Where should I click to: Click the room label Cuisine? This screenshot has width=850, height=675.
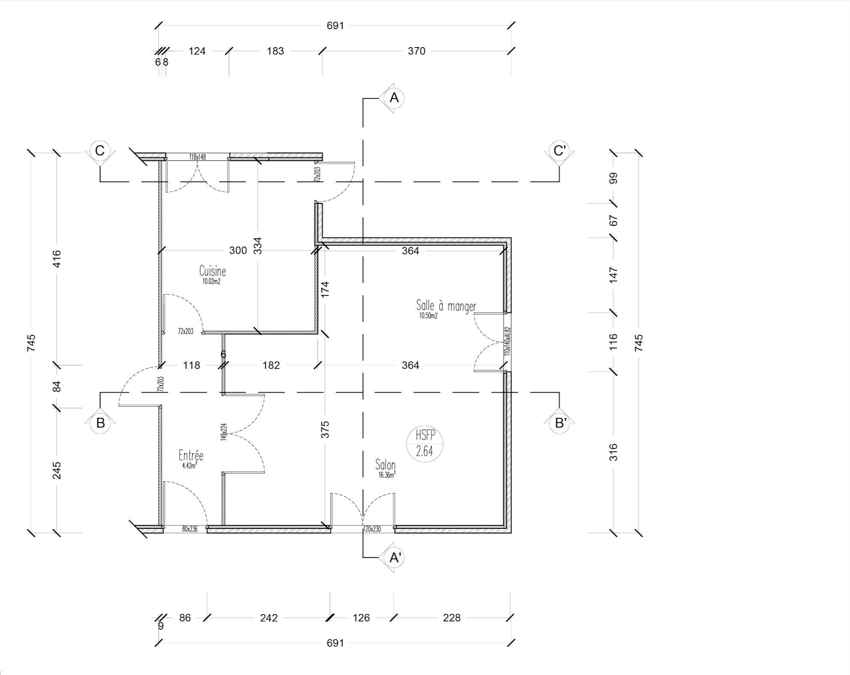pyautogui.click(x=212, y=271)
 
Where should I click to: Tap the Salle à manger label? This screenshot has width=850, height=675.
pyautogui.click(x=446, y=306)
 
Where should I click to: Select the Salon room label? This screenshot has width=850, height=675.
pyautogui.click(x=385, y=465)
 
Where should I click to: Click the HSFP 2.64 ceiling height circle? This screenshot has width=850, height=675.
pyautogui.click(x=425, y=444)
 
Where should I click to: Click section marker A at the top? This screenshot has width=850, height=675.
pyautogui.click(x=394, y=98)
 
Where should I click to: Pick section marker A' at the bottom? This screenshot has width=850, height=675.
pyautogui.click(x=394, y=558)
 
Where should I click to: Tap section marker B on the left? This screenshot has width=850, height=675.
pyautogui.click(x=100, y=423)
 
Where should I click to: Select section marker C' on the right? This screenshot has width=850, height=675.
pyautogui.click(x=560, y=151)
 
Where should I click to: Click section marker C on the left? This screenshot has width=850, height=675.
pyautogui.click(x=100, y=151)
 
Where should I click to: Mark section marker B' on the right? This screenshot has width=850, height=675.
pyautogui.click(x=560, y=423)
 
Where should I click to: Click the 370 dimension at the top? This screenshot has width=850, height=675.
pyautogui.click(x=417, y=51)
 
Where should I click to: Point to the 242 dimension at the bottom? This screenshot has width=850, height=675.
pyautogui.click(x=269, y=618)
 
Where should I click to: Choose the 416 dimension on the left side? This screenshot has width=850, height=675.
pyautogui.click(x=57, y=259)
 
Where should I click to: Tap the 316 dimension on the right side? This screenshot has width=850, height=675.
pyautogui.click(x=614, y=452)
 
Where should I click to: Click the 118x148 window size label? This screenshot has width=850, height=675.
pyautogui.click(x=198, y=157)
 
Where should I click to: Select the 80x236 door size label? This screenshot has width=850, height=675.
pyautogui.click(x=190, y=529)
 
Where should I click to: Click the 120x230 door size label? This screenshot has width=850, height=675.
pyautogui.click(x=372, y=529)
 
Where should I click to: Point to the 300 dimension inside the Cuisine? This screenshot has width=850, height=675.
pyautogui.click(x=238, y=250)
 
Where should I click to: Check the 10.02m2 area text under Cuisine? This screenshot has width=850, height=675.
pyautogui.click(x=211, y=282)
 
